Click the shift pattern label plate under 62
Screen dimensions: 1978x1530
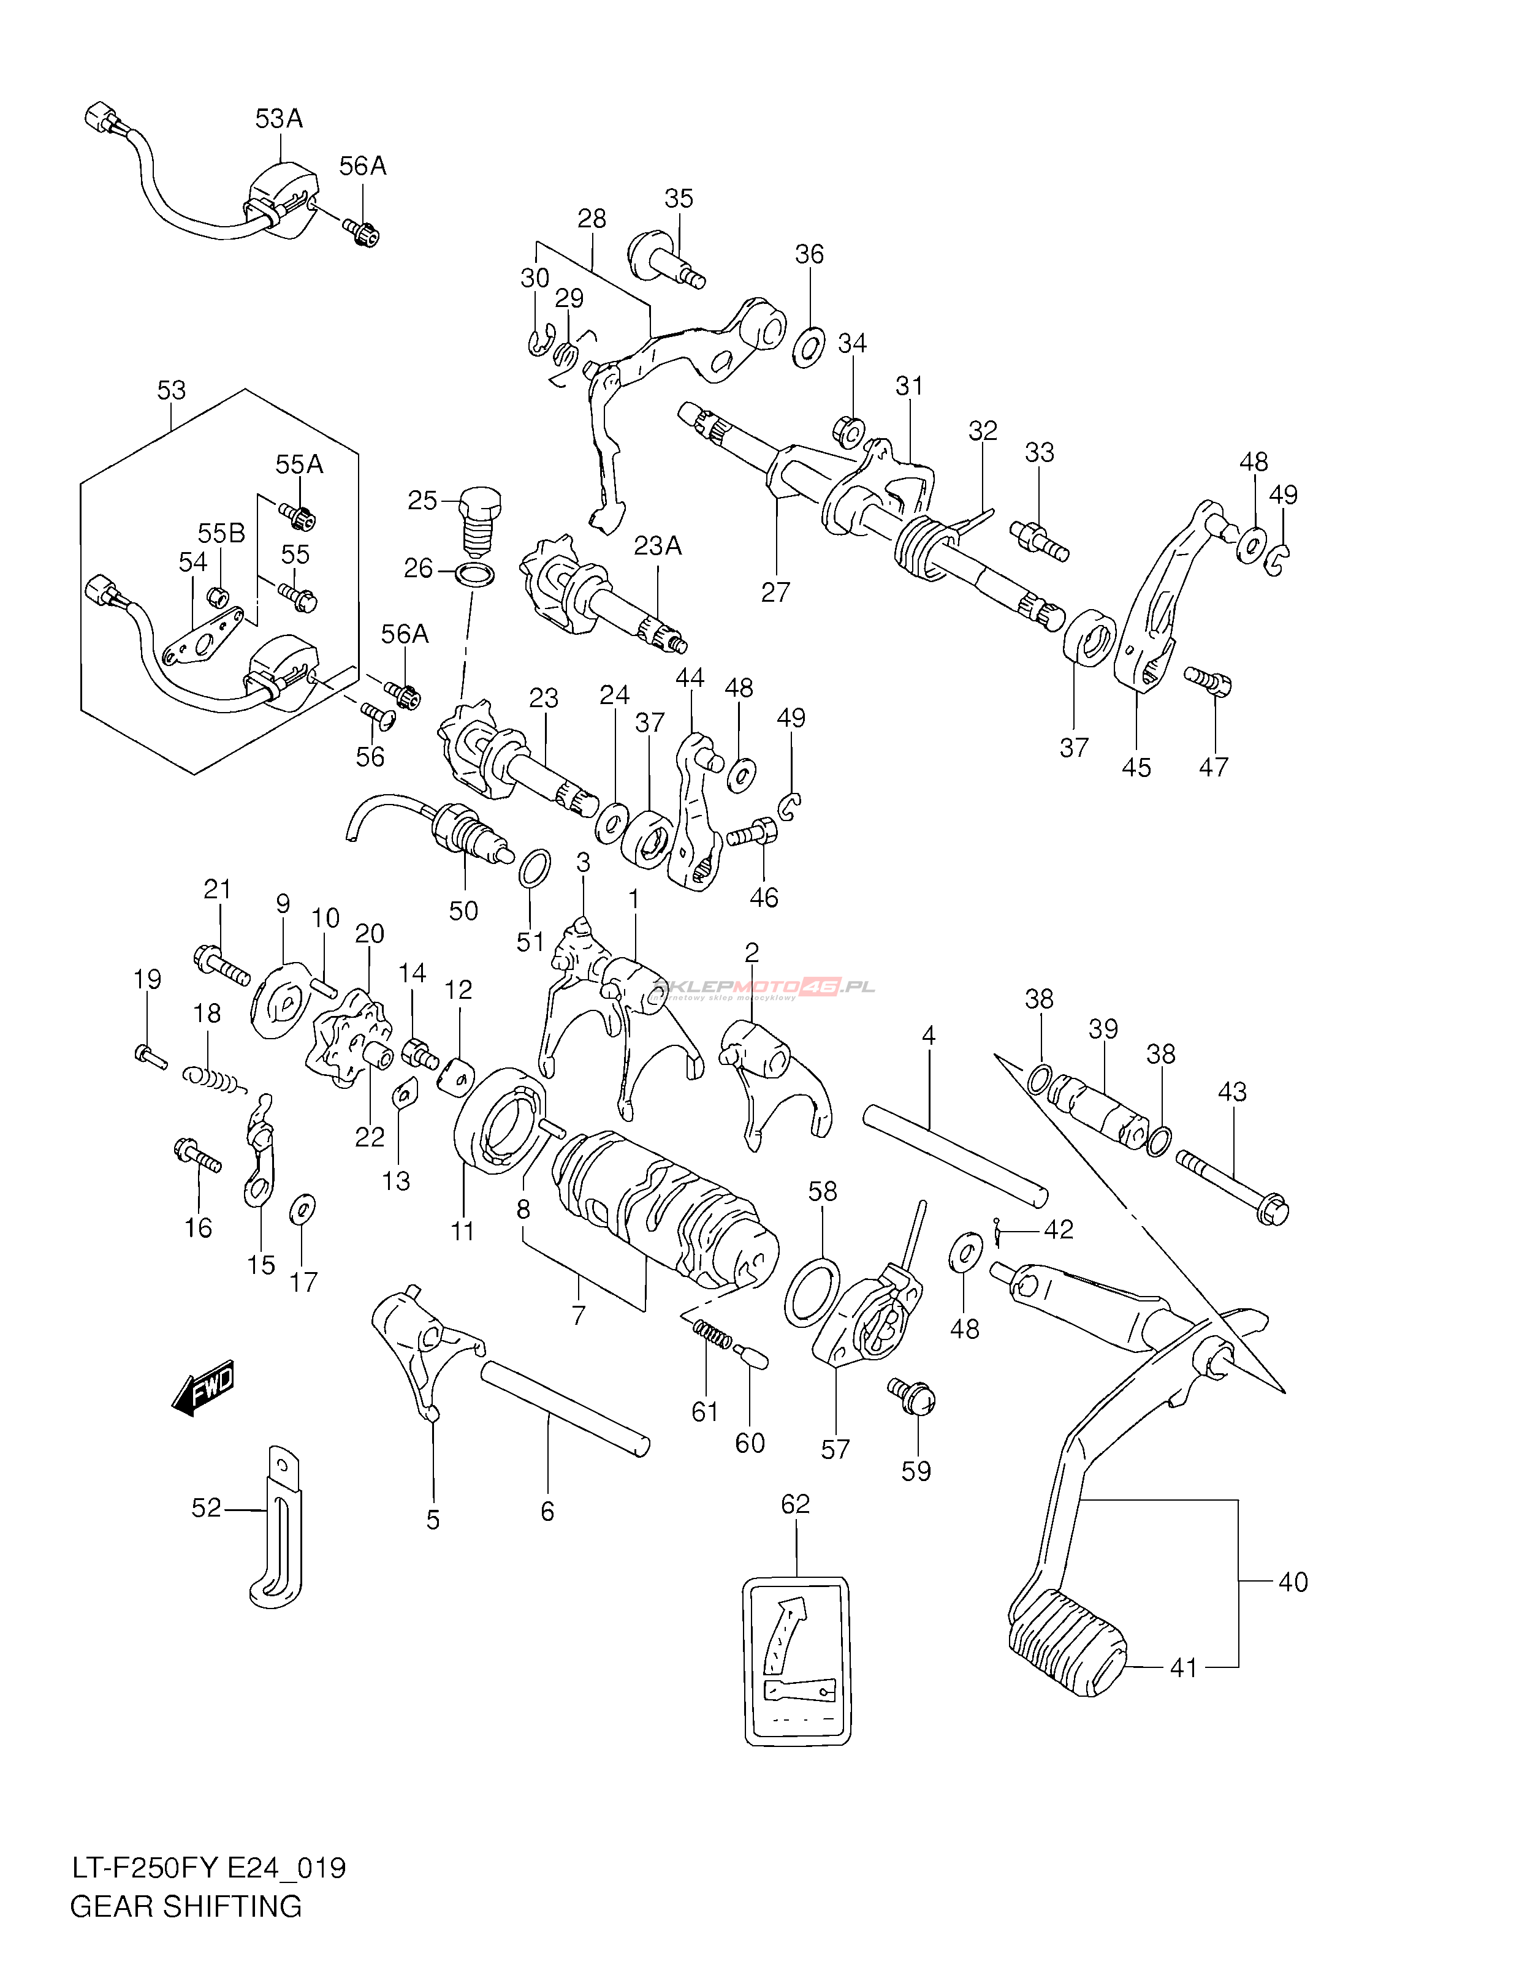click(x=797, y=1661)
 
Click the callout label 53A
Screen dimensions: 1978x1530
click(x=278, y=119)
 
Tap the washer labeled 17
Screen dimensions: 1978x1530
click(x=302, y=1209)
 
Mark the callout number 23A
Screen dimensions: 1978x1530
click(x=658, y=545)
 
